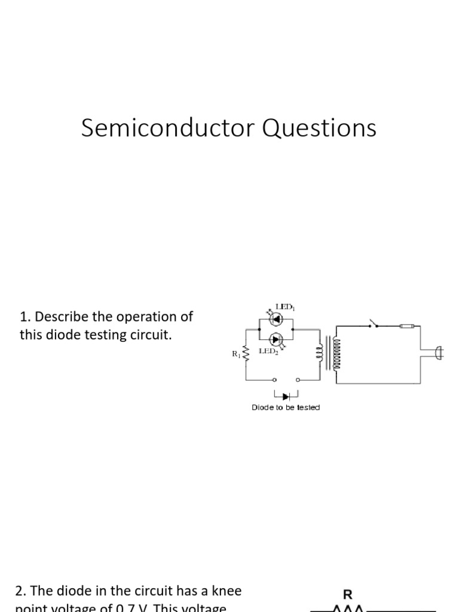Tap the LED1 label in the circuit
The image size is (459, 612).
[x=285, y=307]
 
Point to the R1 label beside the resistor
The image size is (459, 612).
[x=235, y=353]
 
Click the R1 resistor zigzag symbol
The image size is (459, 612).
[x=246, y=354]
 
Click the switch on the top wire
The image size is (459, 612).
[x=375, y=325]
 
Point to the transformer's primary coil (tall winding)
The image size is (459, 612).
[x=336, y=353]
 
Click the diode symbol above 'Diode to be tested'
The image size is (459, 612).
[x=286, y=395]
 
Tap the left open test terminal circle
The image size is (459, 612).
[x=275, y=380]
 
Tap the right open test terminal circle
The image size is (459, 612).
[x=298, y=380]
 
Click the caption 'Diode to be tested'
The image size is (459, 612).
[x=286, y=408]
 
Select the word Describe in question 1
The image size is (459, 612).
[x=61, y=316]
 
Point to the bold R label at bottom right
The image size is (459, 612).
[x=347, y=595]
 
